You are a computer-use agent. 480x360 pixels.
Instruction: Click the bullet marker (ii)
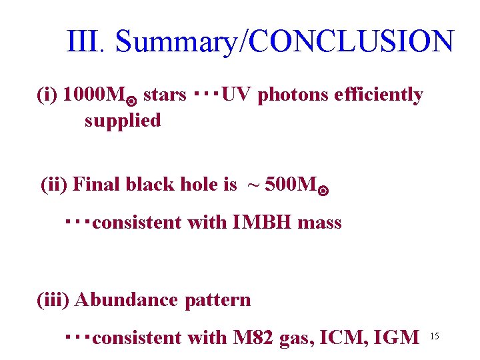[x=54, y=184]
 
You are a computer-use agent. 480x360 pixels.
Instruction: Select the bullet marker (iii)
[x=53, y=300]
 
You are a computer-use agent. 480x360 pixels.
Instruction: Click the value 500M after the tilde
[x=292, y=184]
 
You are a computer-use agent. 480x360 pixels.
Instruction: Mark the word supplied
[x=123, y=121]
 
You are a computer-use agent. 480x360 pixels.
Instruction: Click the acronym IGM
[x=397, y=338]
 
